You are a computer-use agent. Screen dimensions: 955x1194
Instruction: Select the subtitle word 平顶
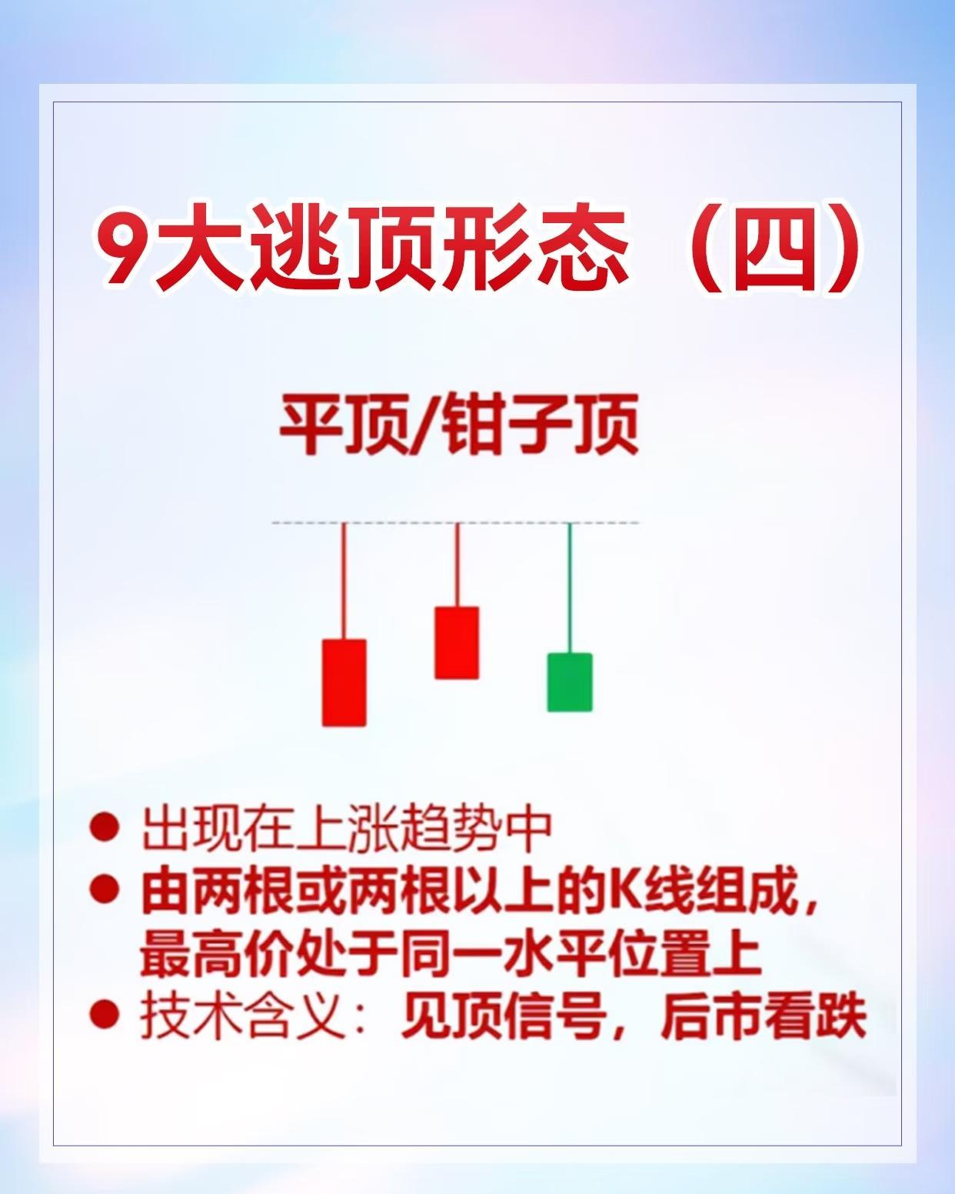click(343, 425)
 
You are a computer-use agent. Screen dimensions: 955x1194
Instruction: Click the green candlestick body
click(570, 682)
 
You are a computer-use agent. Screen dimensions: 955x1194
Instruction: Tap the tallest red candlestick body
click(344, 682)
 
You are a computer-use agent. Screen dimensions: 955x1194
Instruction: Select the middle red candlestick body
click(457, 642)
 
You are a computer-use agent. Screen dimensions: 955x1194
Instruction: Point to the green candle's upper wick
click(570, 588)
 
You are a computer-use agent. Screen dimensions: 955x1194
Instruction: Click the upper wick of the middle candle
click(457, 565)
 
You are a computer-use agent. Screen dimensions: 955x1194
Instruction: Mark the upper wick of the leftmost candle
click(344, 581)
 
